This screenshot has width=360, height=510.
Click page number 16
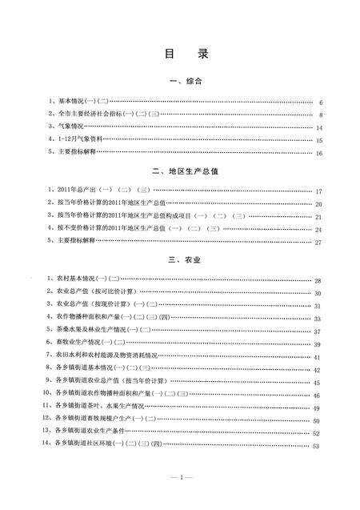point(318,152)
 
